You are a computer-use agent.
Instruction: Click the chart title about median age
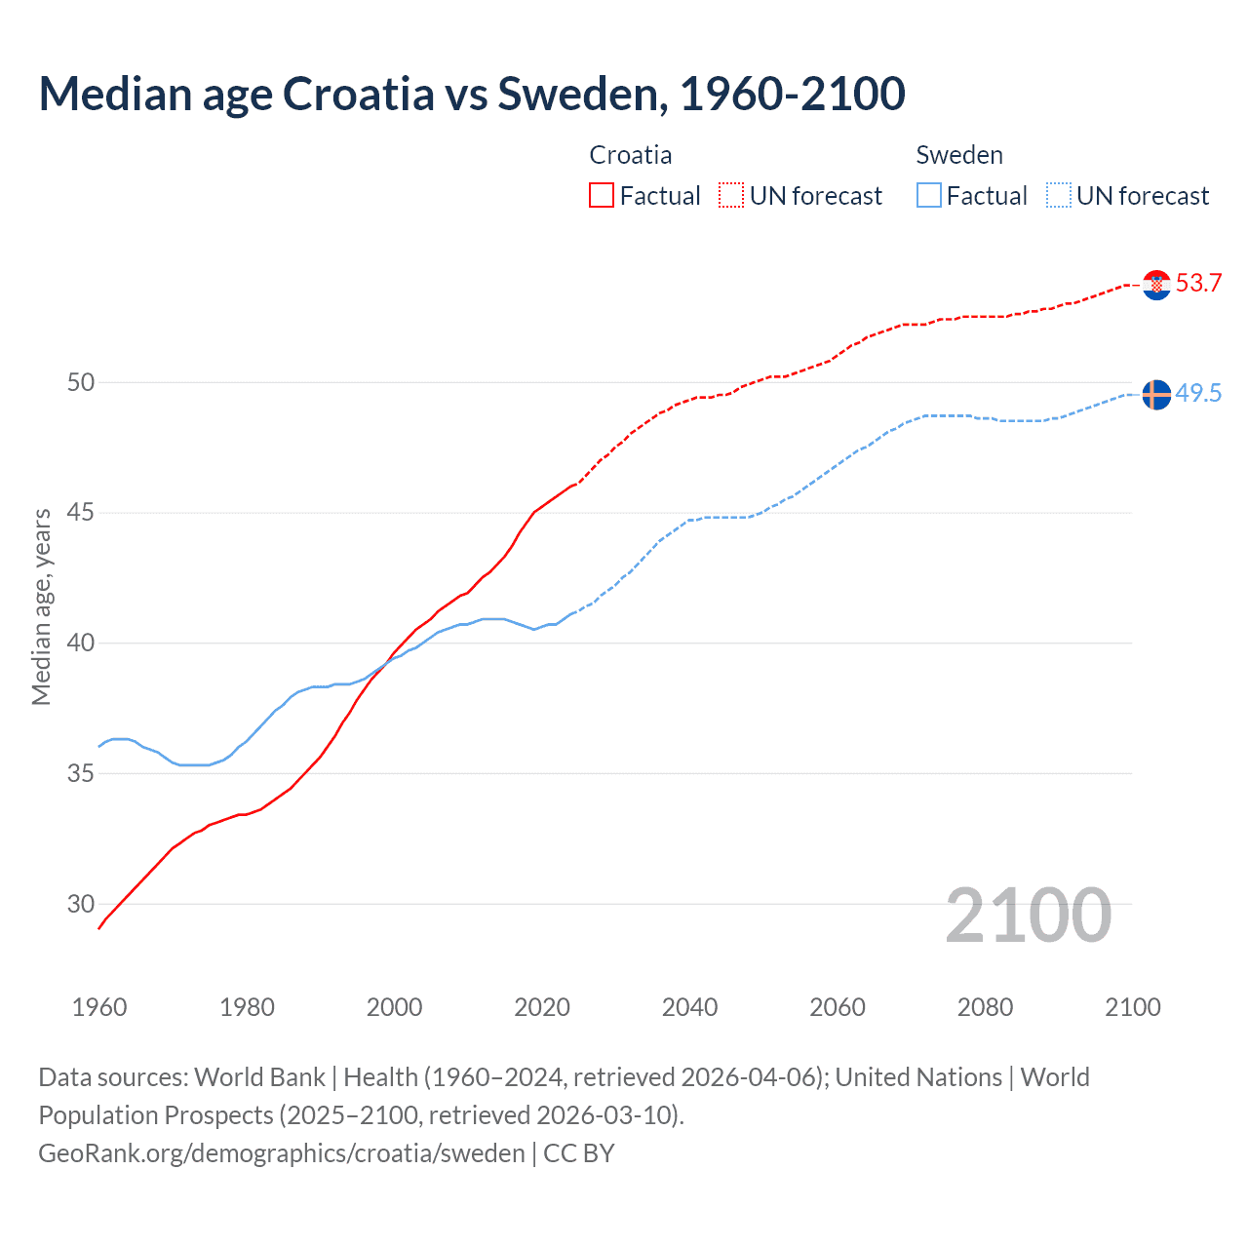(x=472, y=94)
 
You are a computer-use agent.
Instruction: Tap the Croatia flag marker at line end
(x=1156, y=285)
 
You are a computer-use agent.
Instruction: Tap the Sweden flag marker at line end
(x=1156, y=395)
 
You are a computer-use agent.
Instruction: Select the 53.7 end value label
(x=1198, y=284)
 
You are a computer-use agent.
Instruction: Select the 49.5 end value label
(x=1198, y=393)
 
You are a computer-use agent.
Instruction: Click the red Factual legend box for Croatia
(x=602, y=196)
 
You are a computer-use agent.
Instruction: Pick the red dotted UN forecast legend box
(x=731, y=196)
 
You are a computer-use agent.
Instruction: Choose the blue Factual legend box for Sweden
(x=929, y=196)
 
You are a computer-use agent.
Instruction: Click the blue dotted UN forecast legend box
(x=1058, y=196)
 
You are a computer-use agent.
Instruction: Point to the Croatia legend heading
(x=631, y=155)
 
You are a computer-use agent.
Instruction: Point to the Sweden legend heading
(x=959, y=155)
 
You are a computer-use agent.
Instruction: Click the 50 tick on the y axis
(x=81, y=382)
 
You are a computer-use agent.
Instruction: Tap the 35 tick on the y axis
(x=81, y=774)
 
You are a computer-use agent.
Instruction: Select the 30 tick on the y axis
(x=81, y=904)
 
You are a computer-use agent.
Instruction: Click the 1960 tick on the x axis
(x=99, y=1007)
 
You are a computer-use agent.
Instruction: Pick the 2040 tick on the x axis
(x=689, y=1007)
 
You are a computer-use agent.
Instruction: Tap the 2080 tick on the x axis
(x=985, y=1007)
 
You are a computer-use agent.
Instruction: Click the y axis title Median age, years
(x=41, y=606)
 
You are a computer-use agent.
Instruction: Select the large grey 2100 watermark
(x=1028, y=915)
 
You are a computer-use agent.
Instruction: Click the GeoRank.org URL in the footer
(x=282, y=1153)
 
